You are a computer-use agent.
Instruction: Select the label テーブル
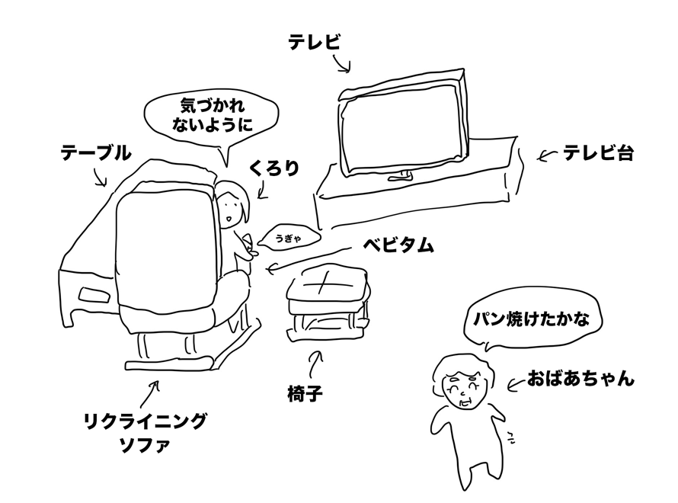click(95, 152)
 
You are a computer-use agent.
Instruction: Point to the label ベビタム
click(398, 245)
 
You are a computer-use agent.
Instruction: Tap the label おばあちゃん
click(580, 379)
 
